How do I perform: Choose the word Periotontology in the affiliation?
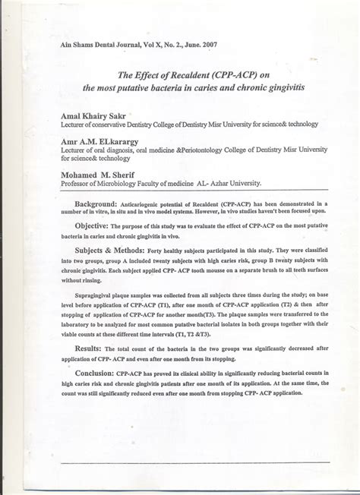[204, 150]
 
